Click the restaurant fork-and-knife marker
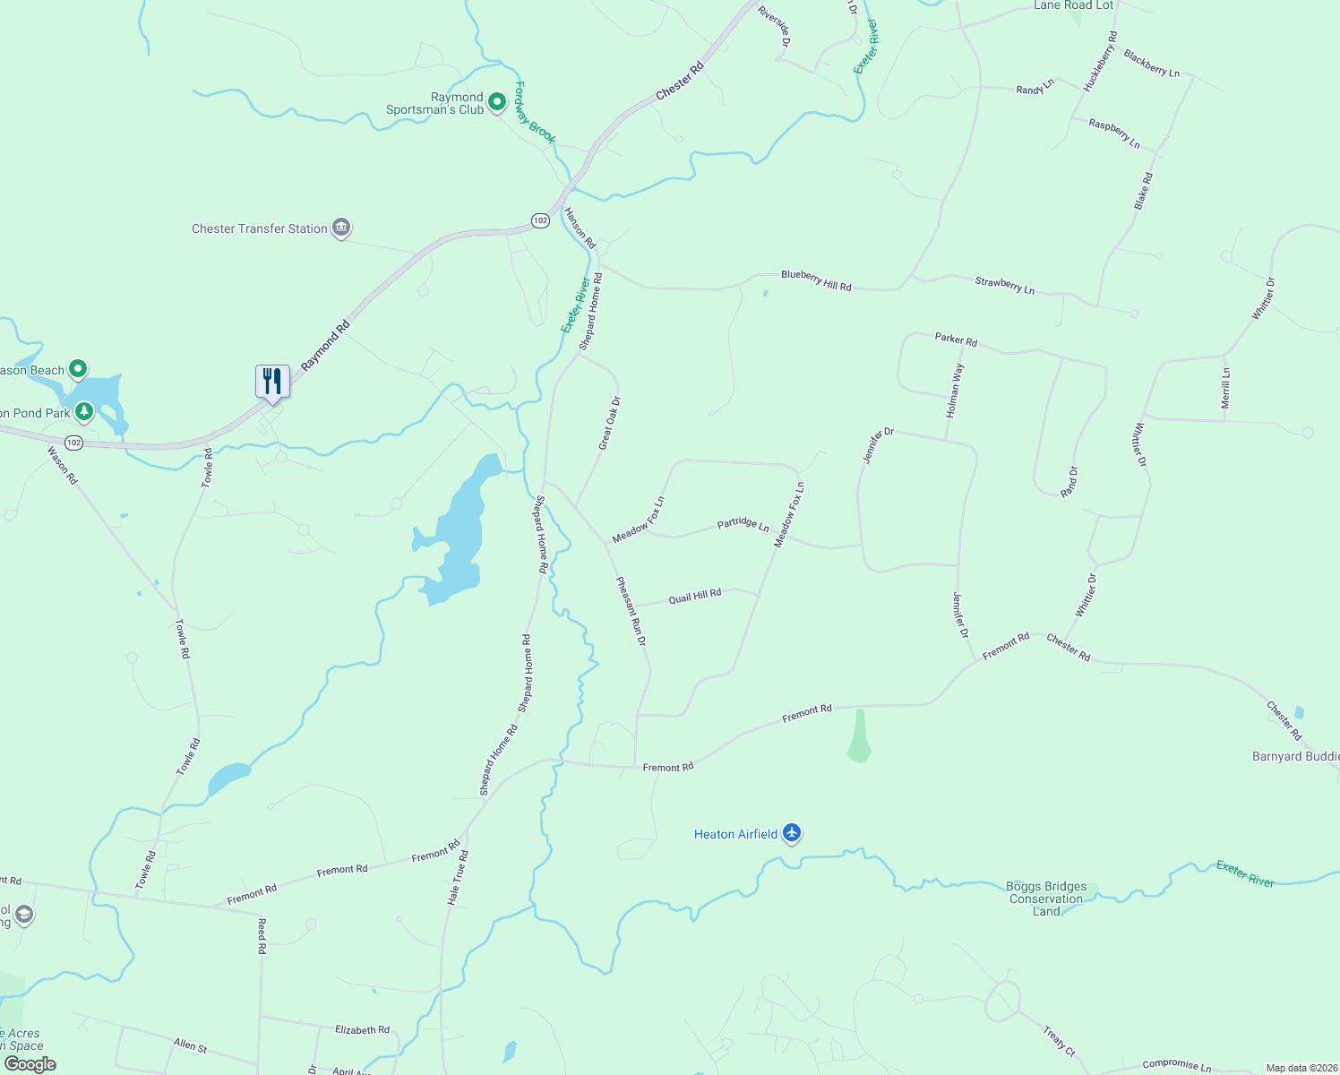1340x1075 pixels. coord(272,383)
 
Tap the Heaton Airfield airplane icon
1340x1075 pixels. coord(791,833)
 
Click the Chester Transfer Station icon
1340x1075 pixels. coord(341,228)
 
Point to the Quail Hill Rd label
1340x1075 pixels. coord(695,596)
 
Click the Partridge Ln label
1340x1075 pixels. coord(743,523)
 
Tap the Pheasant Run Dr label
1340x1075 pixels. coord(631,611)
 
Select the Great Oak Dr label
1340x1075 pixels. coord(609,423)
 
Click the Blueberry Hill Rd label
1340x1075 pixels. coord(816,280)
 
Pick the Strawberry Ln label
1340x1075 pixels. coord(1004,286)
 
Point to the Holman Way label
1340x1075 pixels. coord(955,391)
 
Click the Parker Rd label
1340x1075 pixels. coord(956,340)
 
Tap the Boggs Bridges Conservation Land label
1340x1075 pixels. coord(1046,899)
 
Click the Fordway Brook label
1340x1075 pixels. coord(535,113)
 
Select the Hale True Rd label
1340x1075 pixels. coord(458,878)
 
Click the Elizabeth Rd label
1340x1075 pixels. coord(362,1030)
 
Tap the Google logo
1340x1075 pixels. coord(30,1064)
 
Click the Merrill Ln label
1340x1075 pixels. coord(1226,388)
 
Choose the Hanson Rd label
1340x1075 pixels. coord(580,228)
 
